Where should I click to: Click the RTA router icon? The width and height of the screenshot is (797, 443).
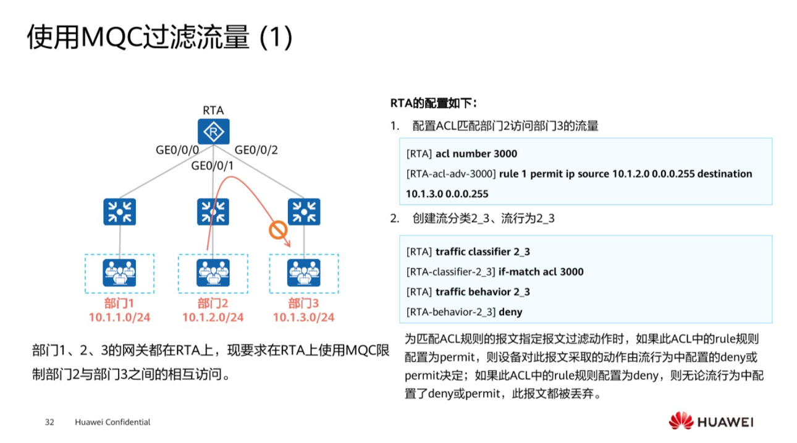click(x=213, y=132)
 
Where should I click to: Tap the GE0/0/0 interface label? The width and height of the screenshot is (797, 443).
click(x=177, y=150)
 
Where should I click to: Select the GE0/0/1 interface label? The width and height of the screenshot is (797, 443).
click(x=213, y=166)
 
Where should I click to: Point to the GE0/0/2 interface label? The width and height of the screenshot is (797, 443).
click(x=256, y=150)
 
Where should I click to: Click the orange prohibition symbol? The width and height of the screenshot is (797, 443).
click(x=278, y=231)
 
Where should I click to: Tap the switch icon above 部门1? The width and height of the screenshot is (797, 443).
click(x=119, y=212)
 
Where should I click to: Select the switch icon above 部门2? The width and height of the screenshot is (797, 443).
click(x=213, y=212)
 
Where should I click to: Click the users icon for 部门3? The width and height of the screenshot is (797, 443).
click(x=304, y=272)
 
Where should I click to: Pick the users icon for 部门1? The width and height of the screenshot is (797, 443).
click(x=119, y=272)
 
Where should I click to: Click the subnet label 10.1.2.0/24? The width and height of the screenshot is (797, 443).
click(x=213, y=318)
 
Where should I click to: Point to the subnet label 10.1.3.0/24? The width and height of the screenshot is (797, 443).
click(x=304, y=318)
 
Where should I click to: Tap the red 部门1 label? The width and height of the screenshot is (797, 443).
click(x=119, y=303)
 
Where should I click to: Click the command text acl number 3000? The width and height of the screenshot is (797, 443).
click(x=476, y=154)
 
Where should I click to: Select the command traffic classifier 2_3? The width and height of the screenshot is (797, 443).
click(x=483, y=251)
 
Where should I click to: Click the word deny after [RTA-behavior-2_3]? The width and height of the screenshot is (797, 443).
click(x=510, y=311)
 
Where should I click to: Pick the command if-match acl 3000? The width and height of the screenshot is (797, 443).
click(x=541, y=271)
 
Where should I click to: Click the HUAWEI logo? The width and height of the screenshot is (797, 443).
click(x=711, y=422)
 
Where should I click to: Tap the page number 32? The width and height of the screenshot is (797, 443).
click(x=50, y=423)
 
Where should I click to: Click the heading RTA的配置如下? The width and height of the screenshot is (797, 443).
click(x=434, y=103)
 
